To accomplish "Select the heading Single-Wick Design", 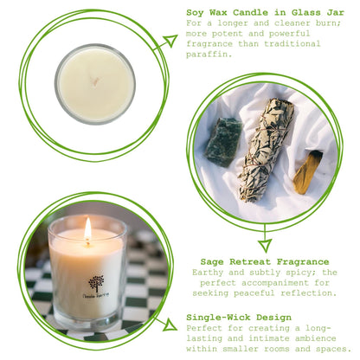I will [240, 318].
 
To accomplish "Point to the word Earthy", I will [206, 271].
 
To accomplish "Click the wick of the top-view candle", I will [94, 83].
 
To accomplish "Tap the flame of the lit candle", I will [87, 229].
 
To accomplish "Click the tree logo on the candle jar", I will [94, 282].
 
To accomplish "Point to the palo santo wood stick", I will [307, 171].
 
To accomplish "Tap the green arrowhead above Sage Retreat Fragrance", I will [264, 245].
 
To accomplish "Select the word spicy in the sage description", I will [291, 271].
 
